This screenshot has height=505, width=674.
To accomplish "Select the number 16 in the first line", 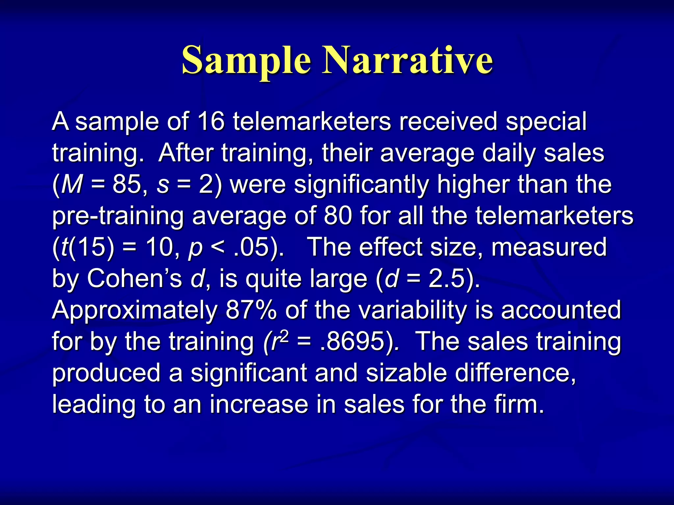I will pos(211,122).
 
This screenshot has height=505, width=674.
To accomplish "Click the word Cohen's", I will pos(134,279).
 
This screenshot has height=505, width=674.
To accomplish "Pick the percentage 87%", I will pos(251,310).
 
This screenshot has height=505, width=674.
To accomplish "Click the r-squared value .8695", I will pos(352,342).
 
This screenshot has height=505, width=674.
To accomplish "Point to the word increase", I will pos(259,404).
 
